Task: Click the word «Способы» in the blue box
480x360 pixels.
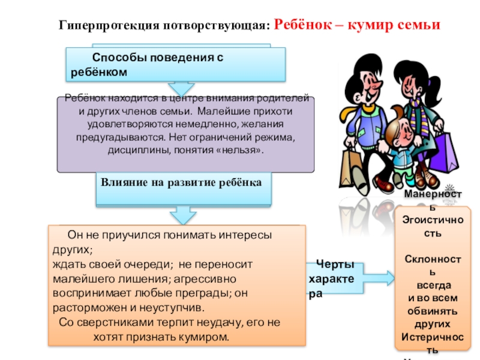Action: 113,58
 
